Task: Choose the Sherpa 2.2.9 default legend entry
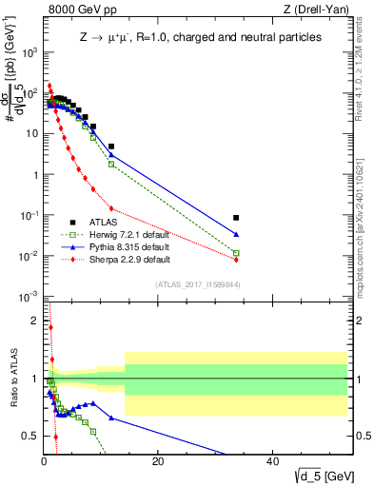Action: (x=122, y=259)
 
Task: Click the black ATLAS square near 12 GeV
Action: (x=111, y=146)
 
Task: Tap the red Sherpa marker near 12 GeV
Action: (x=111, y=208)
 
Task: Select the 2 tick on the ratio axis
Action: (x=36, y=320)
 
